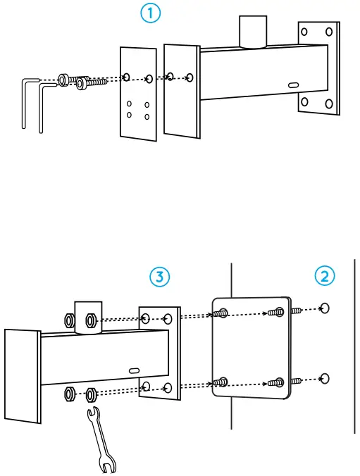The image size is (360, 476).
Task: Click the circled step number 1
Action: (x=150, y=14)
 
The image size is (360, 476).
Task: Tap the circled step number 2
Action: (x=325, y=276)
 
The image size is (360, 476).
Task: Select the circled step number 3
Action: (x=159, y=277)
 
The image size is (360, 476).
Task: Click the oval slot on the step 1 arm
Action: (x=294, y=85)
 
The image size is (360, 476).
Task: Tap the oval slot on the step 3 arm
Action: (x=134, y=370)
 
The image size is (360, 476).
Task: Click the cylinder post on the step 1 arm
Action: (x=253, y=32)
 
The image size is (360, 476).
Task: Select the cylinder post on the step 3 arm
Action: (x=88, y=318)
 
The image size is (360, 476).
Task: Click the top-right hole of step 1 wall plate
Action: (x=329, y=32)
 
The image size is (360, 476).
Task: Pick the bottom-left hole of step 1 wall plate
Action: (x=304, y=101)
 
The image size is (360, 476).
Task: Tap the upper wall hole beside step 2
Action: (x=325, y=308)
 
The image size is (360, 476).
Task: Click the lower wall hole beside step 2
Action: (x=325, y=379)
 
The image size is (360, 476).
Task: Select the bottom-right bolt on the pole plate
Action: (x=276, y=382)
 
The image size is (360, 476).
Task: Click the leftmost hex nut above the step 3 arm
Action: (x=70, y=321)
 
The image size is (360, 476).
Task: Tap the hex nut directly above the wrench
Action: (x=91, y=394)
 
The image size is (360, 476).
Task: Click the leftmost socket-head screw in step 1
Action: (x=63, y=80)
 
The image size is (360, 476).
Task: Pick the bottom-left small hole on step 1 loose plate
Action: (x=129, y=115)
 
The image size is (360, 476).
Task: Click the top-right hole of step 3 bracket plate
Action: (x=168, y=319)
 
